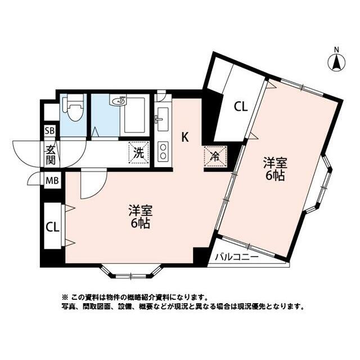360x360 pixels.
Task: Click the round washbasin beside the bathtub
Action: click(119, 101)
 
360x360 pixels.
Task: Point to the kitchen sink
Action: click(163, 119)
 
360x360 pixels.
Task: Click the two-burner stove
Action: click(163, 151)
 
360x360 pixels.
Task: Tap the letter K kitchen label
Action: click(185, 137)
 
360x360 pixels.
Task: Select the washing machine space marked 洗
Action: click(139, 152)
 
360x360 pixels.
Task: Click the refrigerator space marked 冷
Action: click(215, 156)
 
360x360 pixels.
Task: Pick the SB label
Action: click(49, 131)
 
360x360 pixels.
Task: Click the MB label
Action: click(52, 181)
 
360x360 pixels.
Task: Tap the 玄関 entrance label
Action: click(50, 155)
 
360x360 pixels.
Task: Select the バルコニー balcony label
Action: click(237, 257)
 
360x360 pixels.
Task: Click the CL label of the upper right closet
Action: click(241, 107)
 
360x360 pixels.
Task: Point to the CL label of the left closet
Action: click(52, 227)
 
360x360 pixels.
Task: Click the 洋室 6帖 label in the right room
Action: click(275, 169)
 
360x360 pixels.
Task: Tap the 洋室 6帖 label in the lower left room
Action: click(141, 216)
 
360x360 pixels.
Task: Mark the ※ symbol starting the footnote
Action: click(65, 298)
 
